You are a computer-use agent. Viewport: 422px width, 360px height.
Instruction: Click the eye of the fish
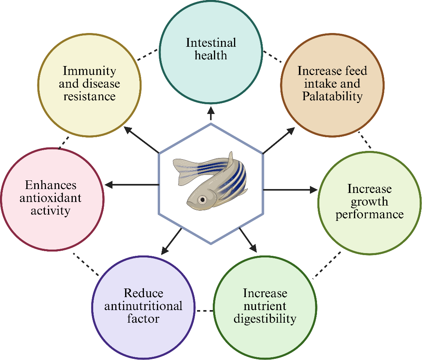(202, 199)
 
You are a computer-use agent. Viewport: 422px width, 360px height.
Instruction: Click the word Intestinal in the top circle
(211, 42)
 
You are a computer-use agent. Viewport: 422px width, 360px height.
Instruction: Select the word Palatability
(332, 96)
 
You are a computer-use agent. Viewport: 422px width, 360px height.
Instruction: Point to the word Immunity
(90, 71)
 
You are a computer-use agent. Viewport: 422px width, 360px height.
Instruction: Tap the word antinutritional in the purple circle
(144, 305)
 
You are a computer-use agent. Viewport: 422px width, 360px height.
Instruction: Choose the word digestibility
(265, 318)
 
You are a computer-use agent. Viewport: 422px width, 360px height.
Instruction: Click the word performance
(369, 214)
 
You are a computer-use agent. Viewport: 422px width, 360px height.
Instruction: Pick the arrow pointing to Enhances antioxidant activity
(132, 184)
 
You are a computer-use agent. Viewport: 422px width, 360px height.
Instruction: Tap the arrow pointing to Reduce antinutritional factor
(171, 240)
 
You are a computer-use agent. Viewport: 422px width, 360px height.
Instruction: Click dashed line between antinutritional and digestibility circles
(205, 311)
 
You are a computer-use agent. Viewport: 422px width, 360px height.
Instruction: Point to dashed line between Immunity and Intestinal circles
(148, 55)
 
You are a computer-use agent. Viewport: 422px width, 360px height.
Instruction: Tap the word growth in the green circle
(369, 202)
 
